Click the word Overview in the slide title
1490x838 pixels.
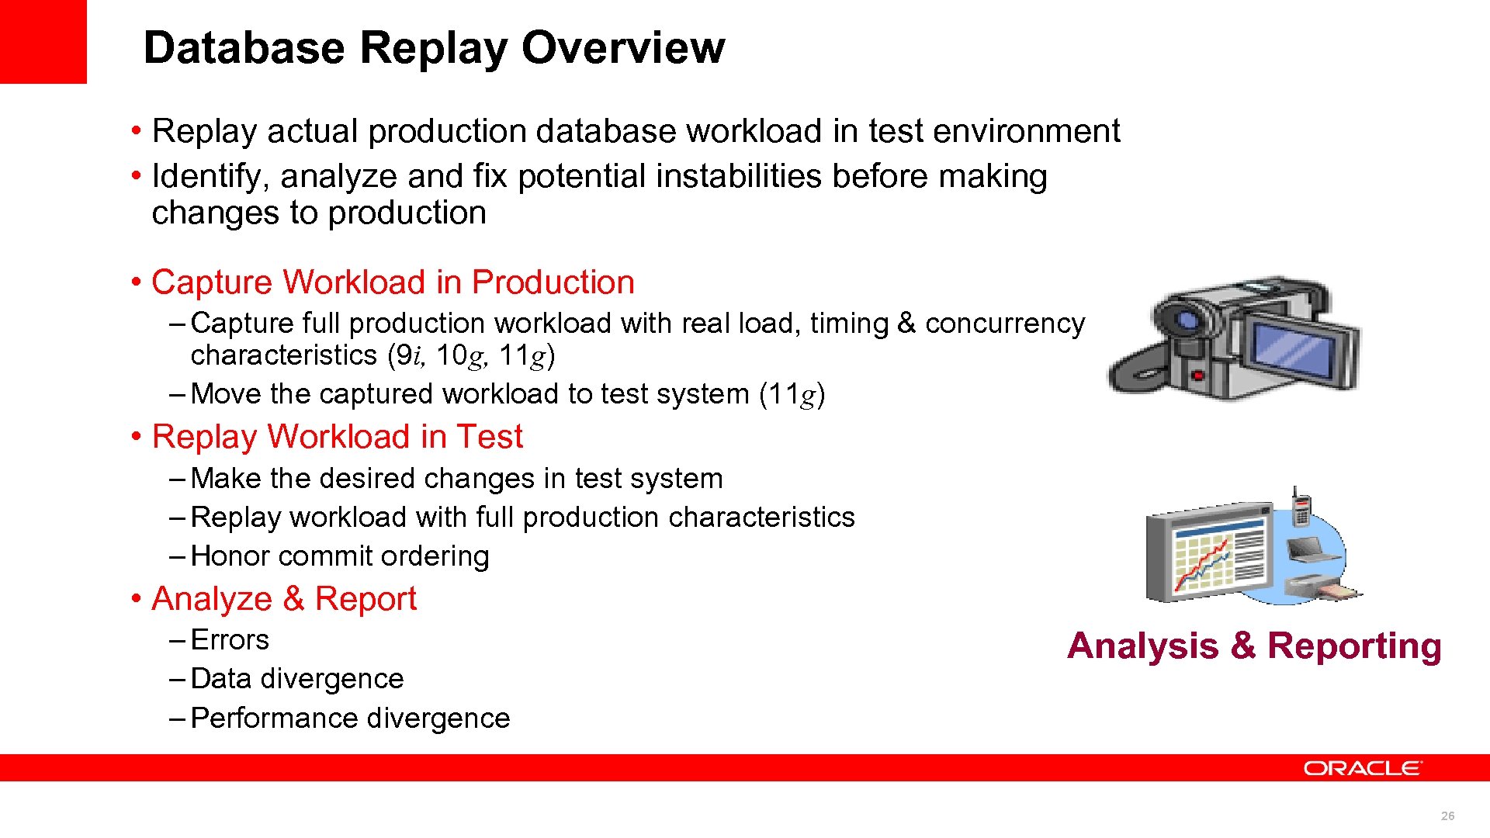[x=623, y=48]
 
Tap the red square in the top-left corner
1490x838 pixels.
[x=43, y=41]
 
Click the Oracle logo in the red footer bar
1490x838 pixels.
[x=1362, y=768]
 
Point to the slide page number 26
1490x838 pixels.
[x=1447, y=815]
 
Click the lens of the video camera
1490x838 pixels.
[x=1185, y=320]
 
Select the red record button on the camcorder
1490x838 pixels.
[x=1198, y=376]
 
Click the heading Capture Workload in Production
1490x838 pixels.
[x=393, y=282]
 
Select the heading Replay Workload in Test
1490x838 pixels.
[x=337, y=437]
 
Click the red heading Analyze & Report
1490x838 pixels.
[x=284, y=599]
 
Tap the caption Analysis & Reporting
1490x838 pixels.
[x=1254, y=646]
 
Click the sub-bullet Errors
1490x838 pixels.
[x=230, y=640]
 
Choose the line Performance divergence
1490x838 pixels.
[x=350, y=719]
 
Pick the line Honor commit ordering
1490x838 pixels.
[x=340, y=556]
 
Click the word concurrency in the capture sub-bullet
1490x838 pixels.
[x=1005, y=324]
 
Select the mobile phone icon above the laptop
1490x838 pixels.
[x=1301, y=508]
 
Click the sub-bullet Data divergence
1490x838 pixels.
[x=297, y=679]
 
